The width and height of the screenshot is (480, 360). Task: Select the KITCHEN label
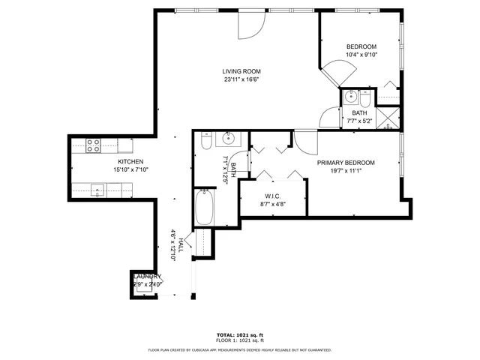[x=130, y=162]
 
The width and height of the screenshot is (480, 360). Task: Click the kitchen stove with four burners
[x=93, y=145]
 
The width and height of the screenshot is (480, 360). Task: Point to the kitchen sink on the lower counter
[x=98, y=190]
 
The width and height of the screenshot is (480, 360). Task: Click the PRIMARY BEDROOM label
[x=345, y=163]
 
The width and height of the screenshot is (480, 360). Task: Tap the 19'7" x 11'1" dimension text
[x=345, y=171]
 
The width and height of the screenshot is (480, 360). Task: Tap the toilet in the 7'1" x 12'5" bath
[x=206, y=143]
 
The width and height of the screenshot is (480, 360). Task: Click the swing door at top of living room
[x=250, y=25]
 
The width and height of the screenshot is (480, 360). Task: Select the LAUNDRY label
[x=146, y=277]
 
